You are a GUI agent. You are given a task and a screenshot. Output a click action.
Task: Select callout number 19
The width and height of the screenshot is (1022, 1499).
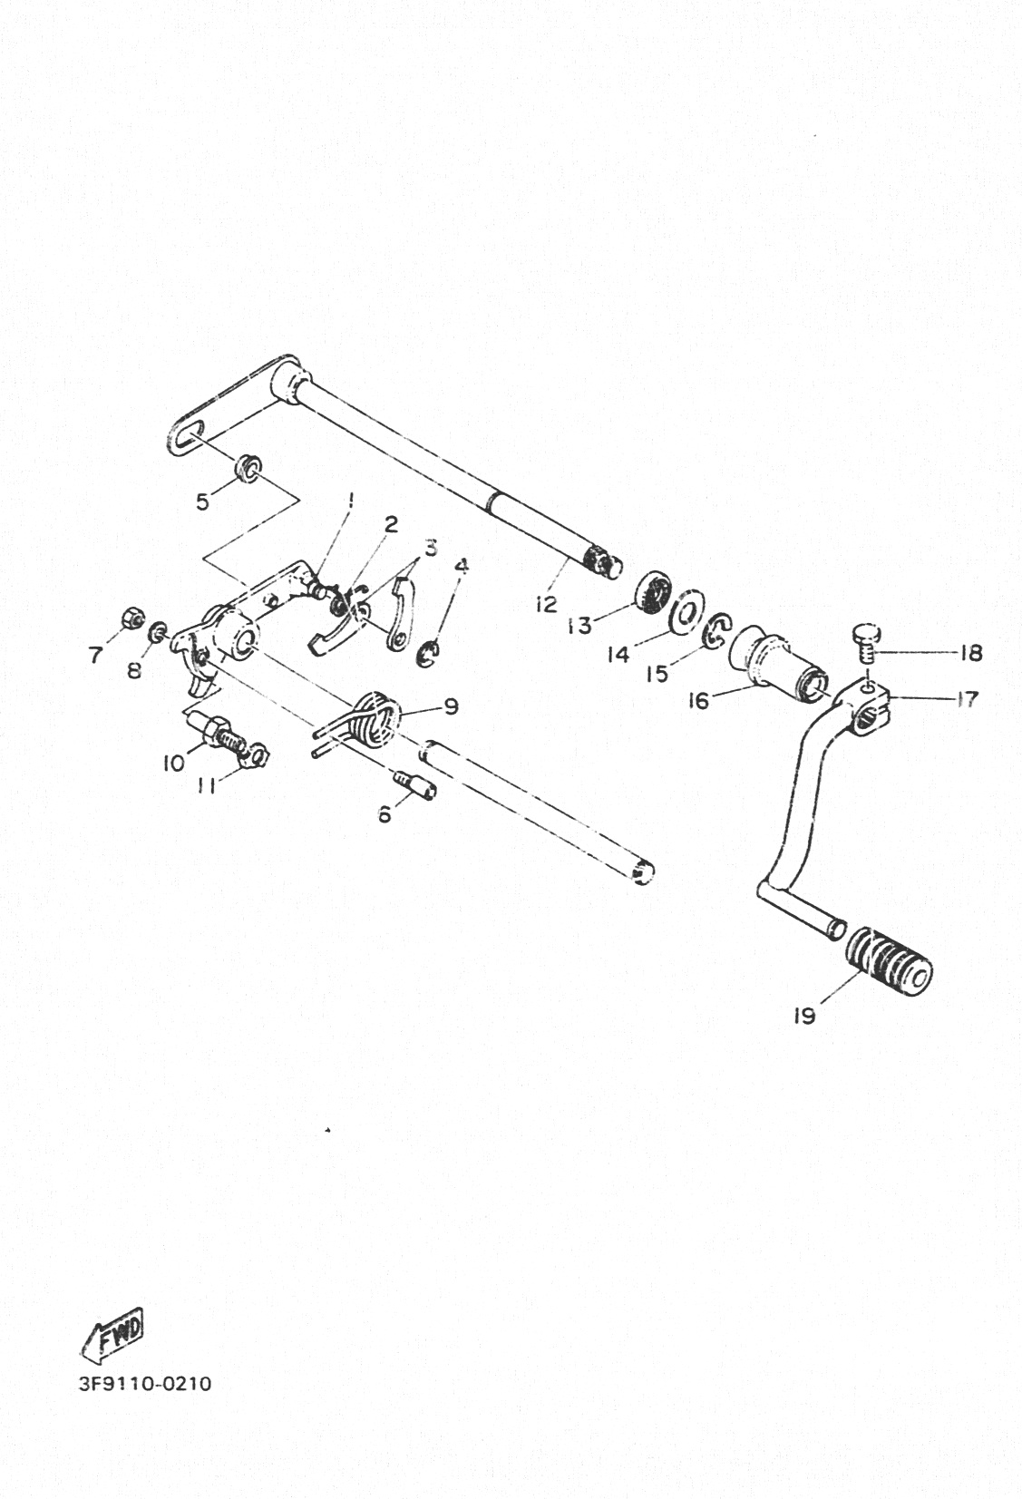[x=804, y=1017]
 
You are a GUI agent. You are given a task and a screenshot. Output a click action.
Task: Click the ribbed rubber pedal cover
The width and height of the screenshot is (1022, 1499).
[x=889, y=964]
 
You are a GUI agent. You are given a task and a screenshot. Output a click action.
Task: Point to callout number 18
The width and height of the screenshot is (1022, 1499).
[x=971, y=652]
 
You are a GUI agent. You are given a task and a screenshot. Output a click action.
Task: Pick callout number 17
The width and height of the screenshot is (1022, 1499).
[x=966, y=699]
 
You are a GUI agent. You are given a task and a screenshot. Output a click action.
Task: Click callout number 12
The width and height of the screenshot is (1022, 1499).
[x=546, y=604]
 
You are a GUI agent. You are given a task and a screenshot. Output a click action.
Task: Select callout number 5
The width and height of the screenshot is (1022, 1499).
[x=203, y=501]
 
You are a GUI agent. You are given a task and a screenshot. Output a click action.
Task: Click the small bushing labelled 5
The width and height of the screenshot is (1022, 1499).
[x=247, y=466]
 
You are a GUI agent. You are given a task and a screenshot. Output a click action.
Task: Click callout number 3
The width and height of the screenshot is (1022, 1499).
[x=431, y=548]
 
